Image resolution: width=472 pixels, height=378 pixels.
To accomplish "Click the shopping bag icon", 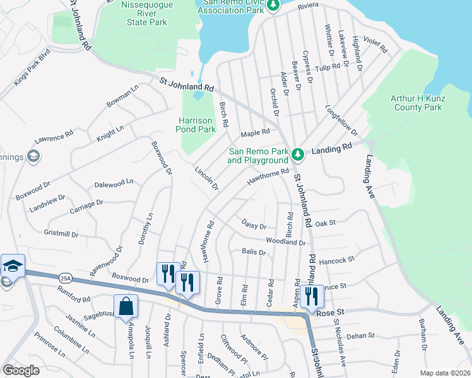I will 126,307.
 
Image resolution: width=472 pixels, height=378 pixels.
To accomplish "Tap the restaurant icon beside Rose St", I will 312,295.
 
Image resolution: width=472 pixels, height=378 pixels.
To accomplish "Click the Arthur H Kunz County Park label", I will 416,103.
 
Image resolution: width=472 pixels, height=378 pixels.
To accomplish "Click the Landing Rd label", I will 331,148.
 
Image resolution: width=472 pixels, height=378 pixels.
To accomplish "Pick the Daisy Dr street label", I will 254,225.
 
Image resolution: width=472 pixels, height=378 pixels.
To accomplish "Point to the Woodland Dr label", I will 285,241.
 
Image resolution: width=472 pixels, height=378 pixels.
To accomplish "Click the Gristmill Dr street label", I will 61,234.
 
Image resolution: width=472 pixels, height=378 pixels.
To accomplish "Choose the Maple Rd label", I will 256,132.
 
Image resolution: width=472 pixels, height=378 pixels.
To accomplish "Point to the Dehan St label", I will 360,336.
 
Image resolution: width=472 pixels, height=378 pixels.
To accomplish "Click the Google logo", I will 21,370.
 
